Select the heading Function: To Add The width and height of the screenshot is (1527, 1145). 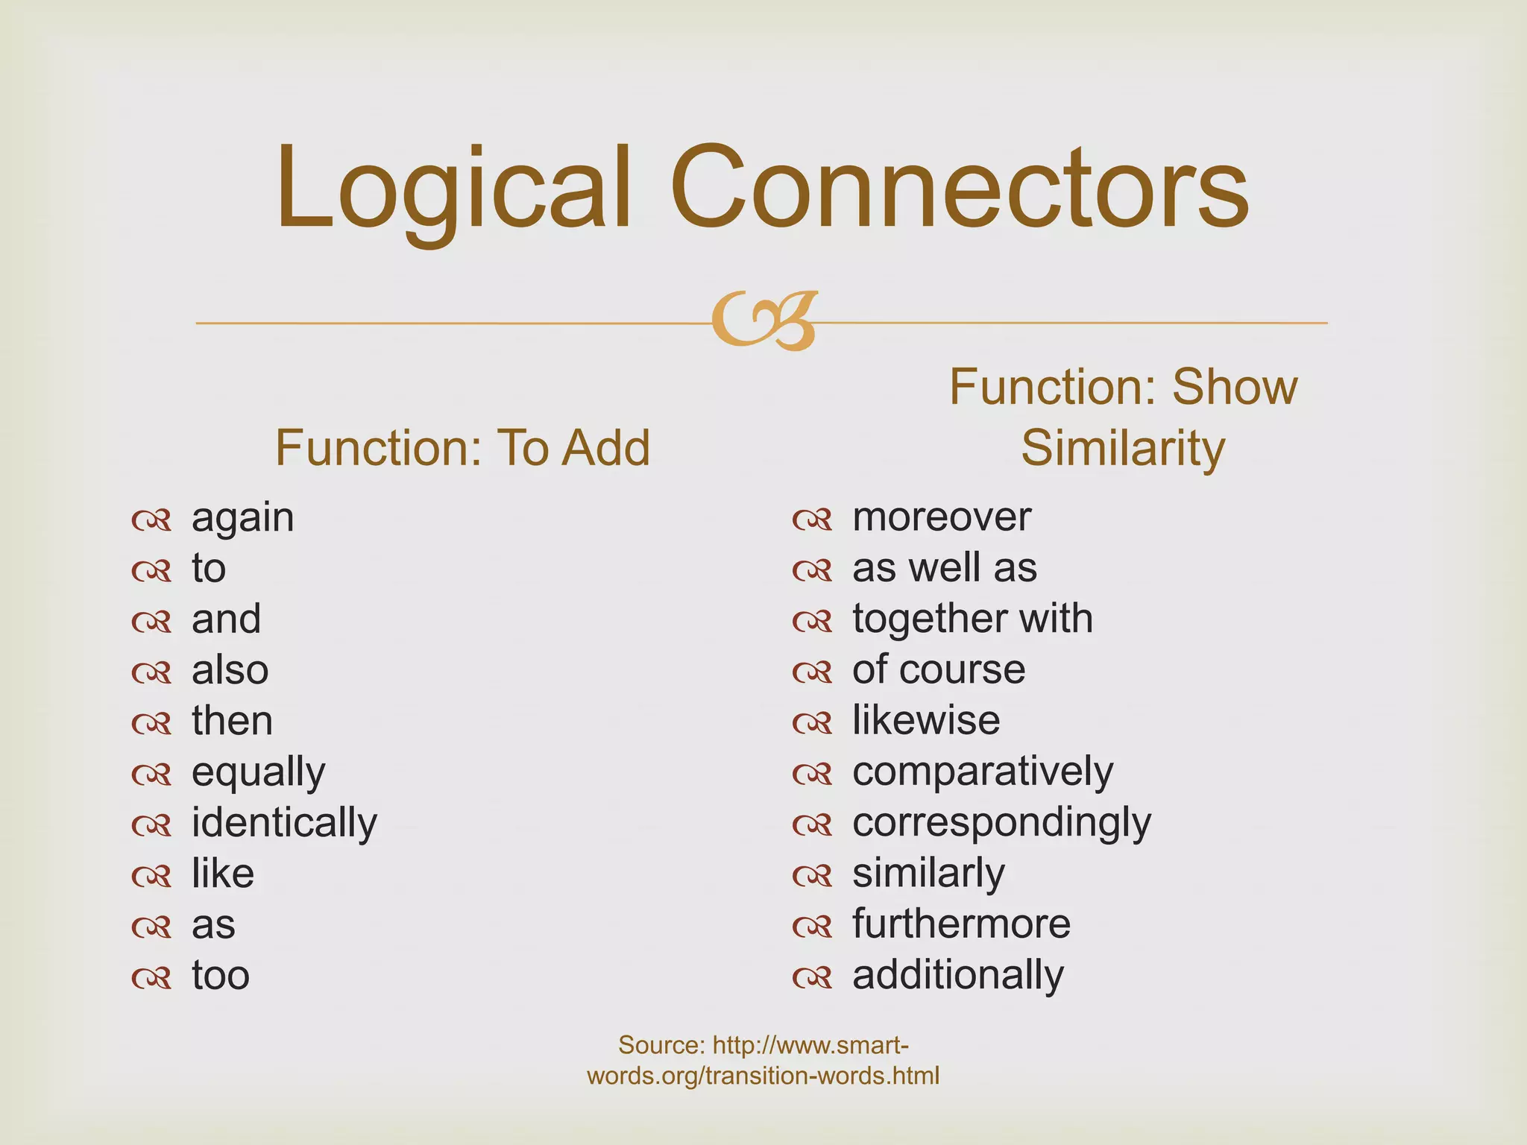click(x=462, y=448)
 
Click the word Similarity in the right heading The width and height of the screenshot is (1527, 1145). click(x=1123, y=448)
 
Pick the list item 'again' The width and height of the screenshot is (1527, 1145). click(x=242, y=517)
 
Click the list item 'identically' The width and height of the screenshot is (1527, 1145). click(x=284, y=822)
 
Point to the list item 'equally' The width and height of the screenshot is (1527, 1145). click(x=258, y=772)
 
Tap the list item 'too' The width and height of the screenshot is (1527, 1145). click(x=221, y=975)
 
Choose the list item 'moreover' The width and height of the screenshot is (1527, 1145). click(x=942, y=517)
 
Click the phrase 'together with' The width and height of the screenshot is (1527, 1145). click(x=972, y=619)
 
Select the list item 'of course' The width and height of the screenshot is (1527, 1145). click(x=939, y=669)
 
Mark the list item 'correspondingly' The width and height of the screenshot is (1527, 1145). click(x=1001, y=822)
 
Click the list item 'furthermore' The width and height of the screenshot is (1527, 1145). click(x=961, y=924)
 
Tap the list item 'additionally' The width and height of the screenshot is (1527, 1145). click(x=958, y=975)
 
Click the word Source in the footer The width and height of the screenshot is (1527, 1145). click(x=661, y=1045)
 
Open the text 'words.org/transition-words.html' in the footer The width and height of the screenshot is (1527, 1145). click(x=763, y=1076)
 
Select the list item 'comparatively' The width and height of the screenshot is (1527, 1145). click(x=983, y=772)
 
